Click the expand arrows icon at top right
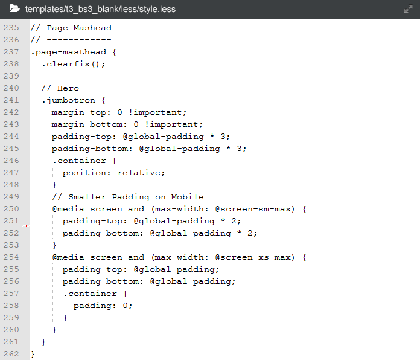click(408, 10)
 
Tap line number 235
click(11, 28)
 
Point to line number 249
click(11, 197)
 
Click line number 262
click(11, 354)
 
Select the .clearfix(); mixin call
click(74, 64)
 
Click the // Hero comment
click(60, 88)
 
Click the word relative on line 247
click(141, 173)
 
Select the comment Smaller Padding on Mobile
click(136, 197)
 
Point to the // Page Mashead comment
click(71, 28)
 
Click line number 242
click(11, 112)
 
